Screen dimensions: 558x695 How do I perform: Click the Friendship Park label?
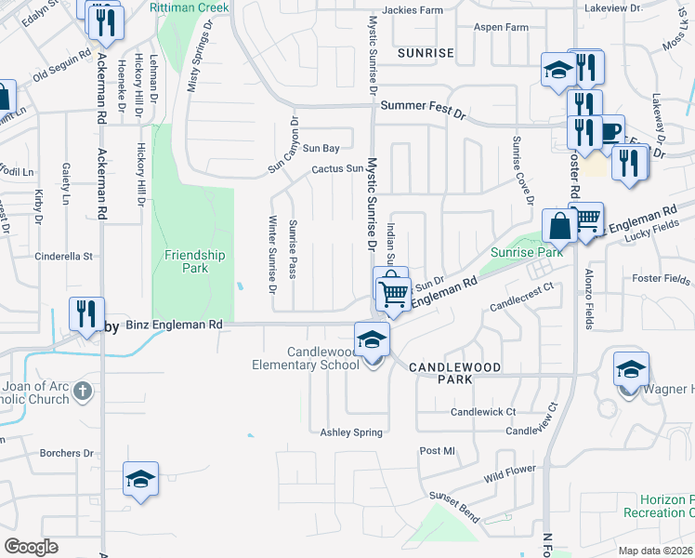point(195,261)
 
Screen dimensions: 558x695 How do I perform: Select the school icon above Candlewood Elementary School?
point(371,339)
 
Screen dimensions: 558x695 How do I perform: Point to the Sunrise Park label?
point(527,252)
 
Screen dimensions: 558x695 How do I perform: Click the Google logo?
point(31,547)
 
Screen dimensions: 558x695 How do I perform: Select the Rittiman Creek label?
point(188,7)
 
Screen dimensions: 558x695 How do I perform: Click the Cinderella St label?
point(64,256)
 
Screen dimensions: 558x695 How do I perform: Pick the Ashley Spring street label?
point(351,432)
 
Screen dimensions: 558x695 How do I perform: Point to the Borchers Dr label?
point(67,454)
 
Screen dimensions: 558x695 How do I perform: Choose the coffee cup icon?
point(610,131)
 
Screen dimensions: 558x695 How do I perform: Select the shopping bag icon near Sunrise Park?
point(560,225)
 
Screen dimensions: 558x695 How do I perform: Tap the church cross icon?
point(83,392)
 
